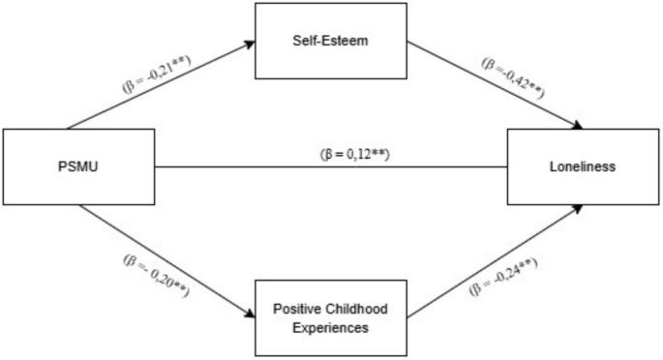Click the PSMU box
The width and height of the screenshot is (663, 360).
pyautogui.click(x=77, y=166)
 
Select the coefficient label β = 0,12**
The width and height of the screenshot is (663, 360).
pyautogui.click(x=353, y=154)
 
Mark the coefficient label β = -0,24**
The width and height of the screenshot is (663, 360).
pyautogui.click(x=503, y=278)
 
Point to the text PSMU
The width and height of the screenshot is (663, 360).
pyautogui.click(x=77, y=166)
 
